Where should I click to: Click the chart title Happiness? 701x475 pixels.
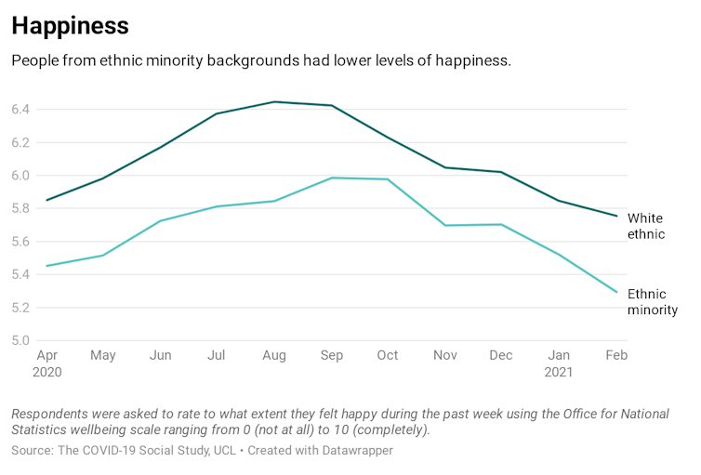click(x=70, y=25)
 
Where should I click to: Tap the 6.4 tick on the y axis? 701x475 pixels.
click(x=21, y=110)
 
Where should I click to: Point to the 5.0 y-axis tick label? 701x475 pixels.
click(x=21, y=340)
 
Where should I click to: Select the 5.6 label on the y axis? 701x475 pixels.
click(x=21, y=242)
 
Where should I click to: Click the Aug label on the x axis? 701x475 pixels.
click(x=274, y=355)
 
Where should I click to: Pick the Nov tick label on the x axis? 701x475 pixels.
click(x=446, y=355)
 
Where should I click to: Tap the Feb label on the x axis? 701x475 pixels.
click(x=615, y=355)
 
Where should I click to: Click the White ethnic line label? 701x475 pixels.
click(x=646, y=226)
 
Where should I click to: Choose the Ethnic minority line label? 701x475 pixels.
click(x=652, y=302)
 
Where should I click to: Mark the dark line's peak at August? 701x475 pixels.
click(x=274, y=102)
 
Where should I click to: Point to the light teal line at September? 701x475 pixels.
click(x=332, y=178)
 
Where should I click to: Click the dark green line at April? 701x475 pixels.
click(x=46, y=200)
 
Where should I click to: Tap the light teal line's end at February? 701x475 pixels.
click(x=616, y=292)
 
